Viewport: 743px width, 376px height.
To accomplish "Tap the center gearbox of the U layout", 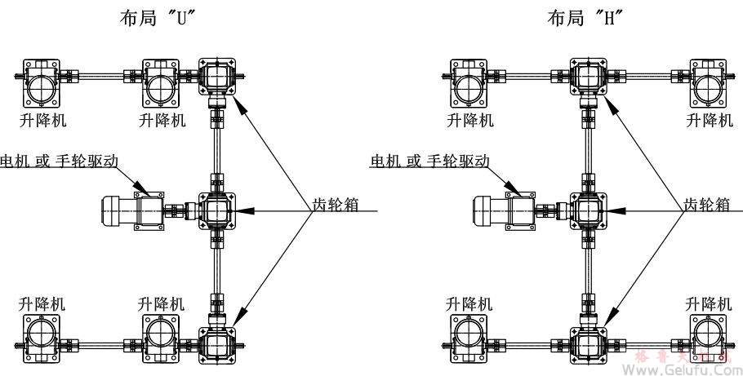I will coord(216,210).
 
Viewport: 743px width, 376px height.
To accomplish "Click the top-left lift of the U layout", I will coord(42,82).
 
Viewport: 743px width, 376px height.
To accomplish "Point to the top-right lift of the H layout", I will coord(707,82).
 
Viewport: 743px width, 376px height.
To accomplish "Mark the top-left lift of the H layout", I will coord(469,82).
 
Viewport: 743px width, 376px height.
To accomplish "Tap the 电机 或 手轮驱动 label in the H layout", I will coord(430,161).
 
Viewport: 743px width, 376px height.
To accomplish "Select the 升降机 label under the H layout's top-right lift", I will coord(707,120).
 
